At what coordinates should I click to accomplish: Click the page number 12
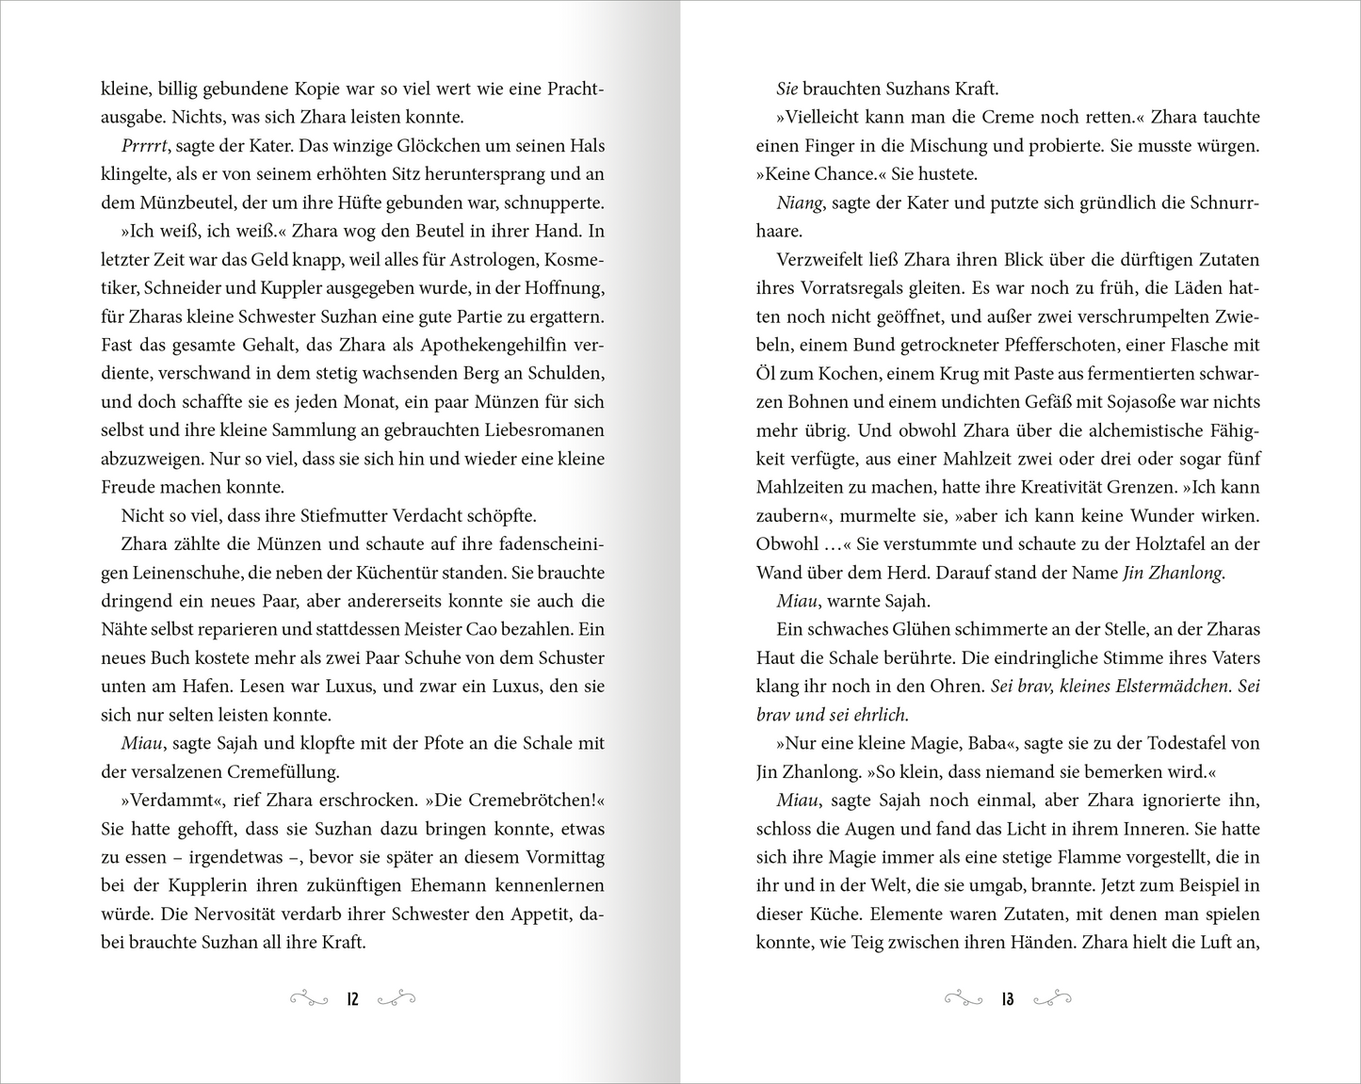pos(352,999)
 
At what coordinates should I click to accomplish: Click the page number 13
pos(1008,999)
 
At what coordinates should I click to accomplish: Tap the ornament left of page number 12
pos(308,999)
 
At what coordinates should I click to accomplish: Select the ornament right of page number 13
pos(1052,999)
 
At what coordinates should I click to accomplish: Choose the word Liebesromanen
pos(541,430)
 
